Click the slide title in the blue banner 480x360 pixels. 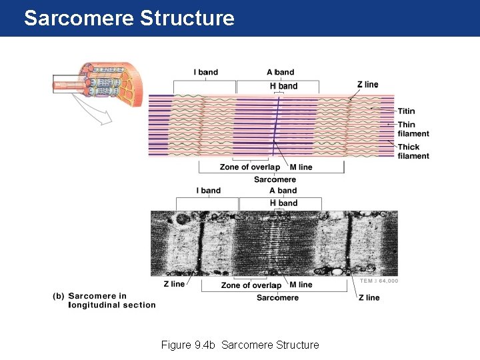(x=129, y=18)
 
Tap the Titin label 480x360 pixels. (x=406, y=111)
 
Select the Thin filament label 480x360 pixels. (x=413, y=129)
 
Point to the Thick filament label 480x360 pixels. (x=413, y=151)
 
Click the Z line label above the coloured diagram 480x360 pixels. (x=367, y=85)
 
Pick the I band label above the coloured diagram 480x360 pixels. (x=205, y=72)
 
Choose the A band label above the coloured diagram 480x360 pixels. (x=280, y=72)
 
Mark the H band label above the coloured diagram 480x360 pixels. (x=283, y=86)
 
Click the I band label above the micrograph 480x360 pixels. (x=208, y=191)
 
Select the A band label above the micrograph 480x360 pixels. (x=283, y=191)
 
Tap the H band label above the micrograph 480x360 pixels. (x=283, y=203)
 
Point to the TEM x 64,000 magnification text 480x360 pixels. (x=379, y=281)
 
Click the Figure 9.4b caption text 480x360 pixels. (x=240, y=345)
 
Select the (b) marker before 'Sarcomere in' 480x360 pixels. (x=59, y=296)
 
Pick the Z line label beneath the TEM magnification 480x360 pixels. (x=368, y=297)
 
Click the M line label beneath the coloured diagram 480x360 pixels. (x=301, y=167)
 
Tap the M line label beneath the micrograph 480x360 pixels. (x=301, y=285)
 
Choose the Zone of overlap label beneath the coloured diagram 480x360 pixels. (x=249, y=167)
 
